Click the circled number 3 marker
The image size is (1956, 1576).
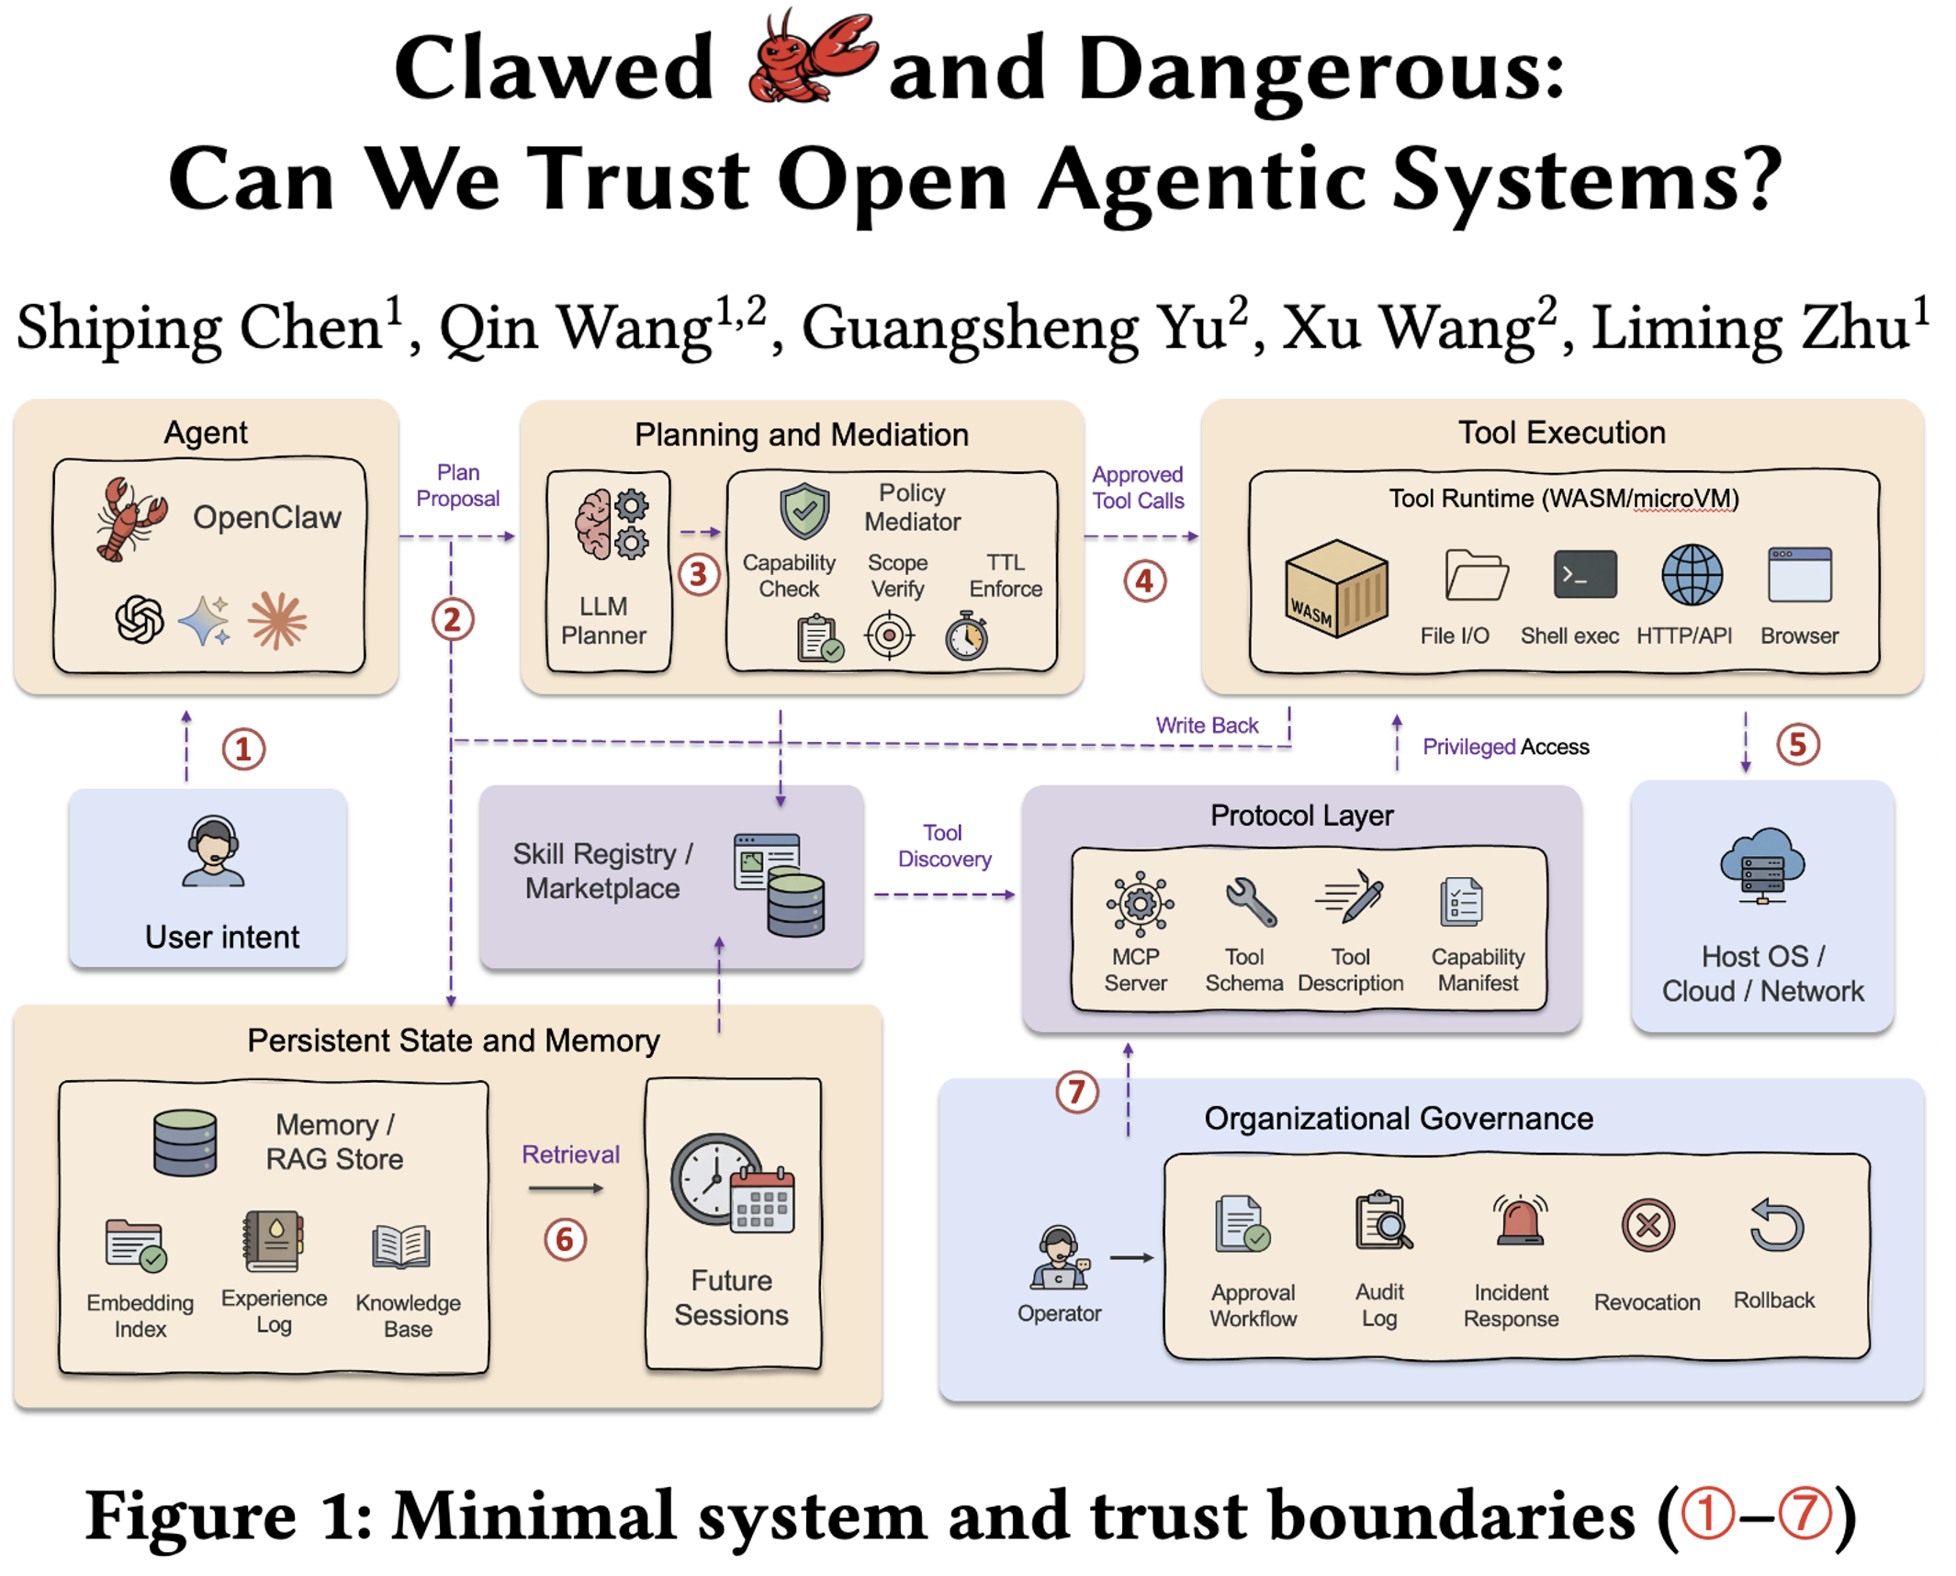[698, 574]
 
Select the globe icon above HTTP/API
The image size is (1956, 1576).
[1691, 575]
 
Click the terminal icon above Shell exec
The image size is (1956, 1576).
[1584, 574]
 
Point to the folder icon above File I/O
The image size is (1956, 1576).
[1475, 575]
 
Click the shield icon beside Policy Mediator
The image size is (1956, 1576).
[804, 511]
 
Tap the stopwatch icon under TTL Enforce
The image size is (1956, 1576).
[966, 636]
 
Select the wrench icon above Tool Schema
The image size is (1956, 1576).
[1250, 901]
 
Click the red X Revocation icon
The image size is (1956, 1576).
[1647, 1225]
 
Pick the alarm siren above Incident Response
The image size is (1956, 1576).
[1520, 1221]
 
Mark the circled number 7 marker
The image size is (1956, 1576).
[1076, 1092]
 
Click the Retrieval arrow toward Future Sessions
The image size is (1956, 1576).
[566, 1188]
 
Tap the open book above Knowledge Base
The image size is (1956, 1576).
[400, 1245]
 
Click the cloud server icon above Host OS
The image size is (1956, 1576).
[1761, 865]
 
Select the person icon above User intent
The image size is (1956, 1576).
[213, 851]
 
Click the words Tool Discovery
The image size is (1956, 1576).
[944, 845]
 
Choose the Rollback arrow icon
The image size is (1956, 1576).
[1776, 1225]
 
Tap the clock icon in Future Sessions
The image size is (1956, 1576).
[714, 1179]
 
